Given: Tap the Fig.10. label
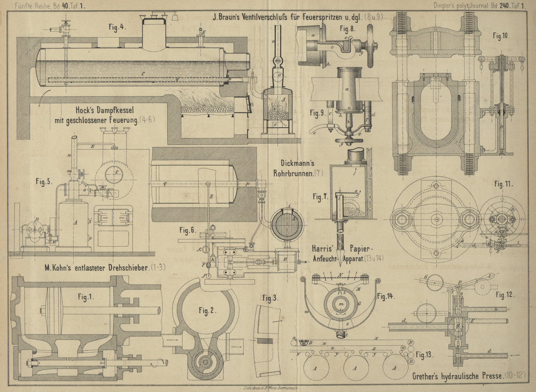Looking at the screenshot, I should (x=500, y=36).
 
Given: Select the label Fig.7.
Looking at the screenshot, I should (x=320, y=197).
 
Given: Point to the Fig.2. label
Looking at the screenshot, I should (x=208, y=311).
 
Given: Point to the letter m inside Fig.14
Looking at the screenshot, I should (x=341, y=304).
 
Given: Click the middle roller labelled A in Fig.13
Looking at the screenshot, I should (x=355, y=368).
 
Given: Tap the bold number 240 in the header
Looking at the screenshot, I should (x=504, y=5).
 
